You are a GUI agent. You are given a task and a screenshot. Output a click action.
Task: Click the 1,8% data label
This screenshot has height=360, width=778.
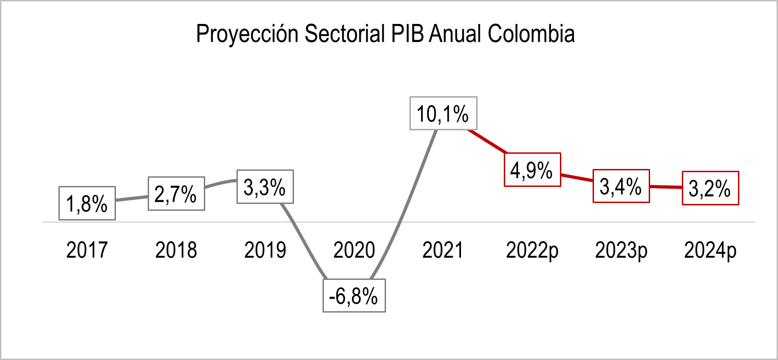[87, 203]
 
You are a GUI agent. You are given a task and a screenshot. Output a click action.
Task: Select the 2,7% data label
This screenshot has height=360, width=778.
[176, 193]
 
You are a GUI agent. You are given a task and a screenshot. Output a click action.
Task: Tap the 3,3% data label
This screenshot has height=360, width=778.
[265, 187]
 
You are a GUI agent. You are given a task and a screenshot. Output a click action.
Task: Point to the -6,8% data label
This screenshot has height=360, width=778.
[354, 296]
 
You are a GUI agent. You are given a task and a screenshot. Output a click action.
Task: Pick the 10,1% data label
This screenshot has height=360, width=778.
[443, 113]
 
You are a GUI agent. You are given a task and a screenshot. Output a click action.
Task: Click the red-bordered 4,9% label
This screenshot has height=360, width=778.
[532, 169]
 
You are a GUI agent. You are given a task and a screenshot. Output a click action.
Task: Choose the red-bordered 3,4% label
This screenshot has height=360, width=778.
[621, 186]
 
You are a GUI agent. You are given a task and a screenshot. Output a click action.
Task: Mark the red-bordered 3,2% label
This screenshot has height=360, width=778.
[710, 188]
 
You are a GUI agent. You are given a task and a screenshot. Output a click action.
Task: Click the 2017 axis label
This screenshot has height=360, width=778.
[87, 250]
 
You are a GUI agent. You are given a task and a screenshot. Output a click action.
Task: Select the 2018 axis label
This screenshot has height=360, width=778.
[176, 250]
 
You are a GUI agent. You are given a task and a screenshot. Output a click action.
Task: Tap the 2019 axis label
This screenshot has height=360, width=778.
[265, 250]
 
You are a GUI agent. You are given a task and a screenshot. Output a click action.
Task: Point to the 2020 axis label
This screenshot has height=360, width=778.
[354, 250]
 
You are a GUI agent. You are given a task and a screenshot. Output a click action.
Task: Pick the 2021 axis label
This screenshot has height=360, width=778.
[443, 250]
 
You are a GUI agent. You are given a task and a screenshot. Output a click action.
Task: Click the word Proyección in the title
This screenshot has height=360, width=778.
[248, 34]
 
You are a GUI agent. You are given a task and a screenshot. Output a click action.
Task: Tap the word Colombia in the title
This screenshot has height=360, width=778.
[531, 34]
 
